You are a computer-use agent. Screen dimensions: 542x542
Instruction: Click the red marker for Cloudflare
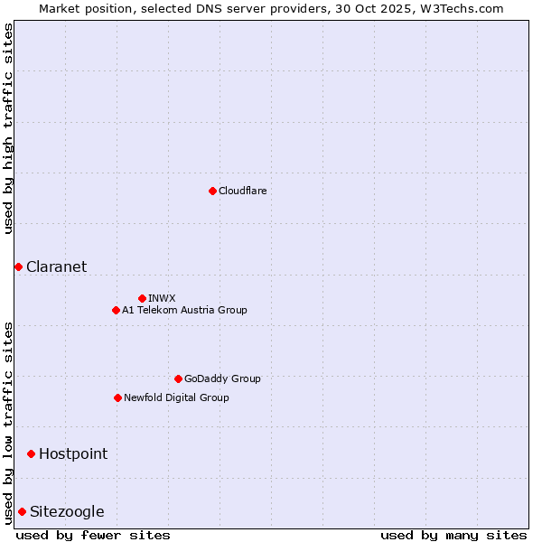click(x=212, y=191)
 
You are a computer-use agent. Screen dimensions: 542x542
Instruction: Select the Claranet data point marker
click(x=18, y=266)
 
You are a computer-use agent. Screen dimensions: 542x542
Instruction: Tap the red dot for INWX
click(x=142, y=298)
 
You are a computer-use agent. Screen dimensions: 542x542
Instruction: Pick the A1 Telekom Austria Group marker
click(x=116, y=310)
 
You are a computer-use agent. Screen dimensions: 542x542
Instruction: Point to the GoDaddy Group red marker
click(x=178, y=378)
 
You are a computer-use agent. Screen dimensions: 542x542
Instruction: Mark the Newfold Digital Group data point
click(x=117, y=397)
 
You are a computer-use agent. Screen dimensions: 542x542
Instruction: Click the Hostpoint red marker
click(x=31, y=453)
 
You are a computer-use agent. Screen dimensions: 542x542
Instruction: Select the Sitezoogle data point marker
click(x=22, y=511)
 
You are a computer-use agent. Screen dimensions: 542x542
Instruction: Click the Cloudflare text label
click(x=242, y=191)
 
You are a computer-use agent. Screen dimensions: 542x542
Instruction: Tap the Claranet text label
click(x=56, y=266)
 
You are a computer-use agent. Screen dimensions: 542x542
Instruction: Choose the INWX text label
click(x=162, y=298)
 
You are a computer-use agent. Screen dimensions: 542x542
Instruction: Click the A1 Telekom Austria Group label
click(x=184, y=310)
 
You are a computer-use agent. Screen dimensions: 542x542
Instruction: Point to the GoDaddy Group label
click(x=222, y=378)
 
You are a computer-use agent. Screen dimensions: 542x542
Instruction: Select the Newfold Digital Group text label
click(x=176, y=397)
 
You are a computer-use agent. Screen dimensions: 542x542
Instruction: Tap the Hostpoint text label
click(x=72, y=453)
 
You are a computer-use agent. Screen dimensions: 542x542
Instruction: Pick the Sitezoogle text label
click(x=67, y=511)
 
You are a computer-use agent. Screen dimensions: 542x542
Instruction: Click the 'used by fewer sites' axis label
click(x=93, y=535)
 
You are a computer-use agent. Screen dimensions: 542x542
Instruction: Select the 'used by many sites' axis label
click(x=453, y=535)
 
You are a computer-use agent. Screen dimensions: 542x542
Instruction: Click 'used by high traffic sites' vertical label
click(x=8, y=128)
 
